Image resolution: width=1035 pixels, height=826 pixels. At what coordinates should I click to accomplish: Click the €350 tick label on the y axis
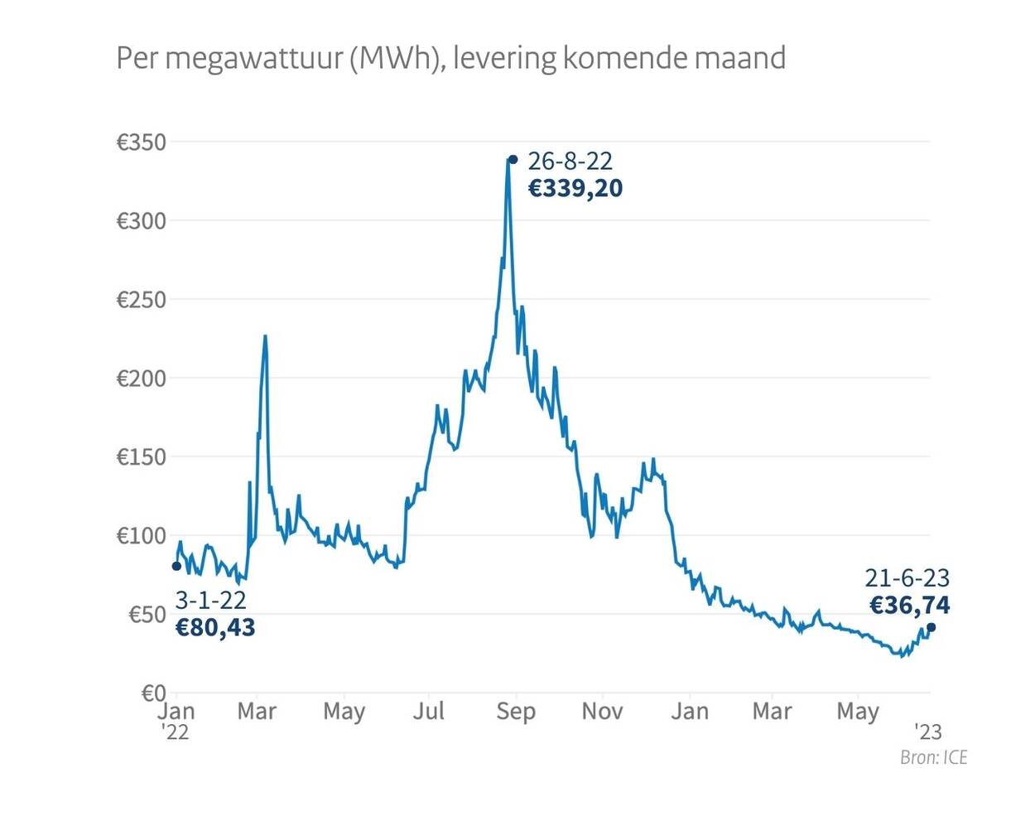pyautogui.click(x=141, y=142)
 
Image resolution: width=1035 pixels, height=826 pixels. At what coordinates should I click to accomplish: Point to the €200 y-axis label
pyautogui.click(x=141, y=379)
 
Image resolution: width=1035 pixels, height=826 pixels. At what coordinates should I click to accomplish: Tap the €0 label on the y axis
pyautogui.click(x=153, y=693)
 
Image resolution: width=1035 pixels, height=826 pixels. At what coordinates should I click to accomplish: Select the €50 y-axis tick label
pyautogui.click(x=147, y=615)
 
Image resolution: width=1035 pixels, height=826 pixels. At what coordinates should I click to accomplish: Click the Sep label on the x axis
pyautogui.click(x=516, y=712)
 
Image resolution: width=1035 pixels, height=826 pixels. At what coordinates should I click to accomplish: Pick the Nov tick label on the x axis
pyautogui.click(x=602, y=712)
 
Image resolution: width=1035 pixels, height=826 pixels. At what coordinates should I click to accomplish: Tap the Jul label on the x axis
pyautogui.click(x=429, y=712)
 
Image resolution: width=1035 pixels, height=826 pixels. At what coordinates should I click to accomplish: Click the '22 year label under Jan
pyautogui.click(x=175, y=732)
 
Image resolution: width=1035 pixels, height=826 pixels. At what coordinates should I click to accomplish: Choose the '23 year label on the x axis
pyautogui.click(x=928, y=732)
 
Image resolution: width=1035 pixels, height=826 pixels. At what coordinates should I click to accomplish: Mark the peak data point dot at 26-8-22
pyautogui.click(x=513, y=159)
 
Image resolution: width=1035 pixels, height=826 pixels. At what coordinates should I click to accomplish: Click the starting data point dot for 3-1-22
pyautogui.click(x=176, y=567)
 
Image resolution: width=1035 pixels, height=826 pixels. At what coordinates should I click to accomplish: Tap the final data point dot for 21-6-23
pyautogui.click(x=931, y=627)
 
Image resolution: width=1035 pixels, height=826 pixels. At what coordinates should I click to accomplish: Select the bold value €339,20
pyautogui.click(x=575, y=189)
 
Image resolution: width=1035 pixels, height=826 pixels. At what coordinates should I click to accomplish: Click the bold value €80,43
pyautogui.click(x=215, y=628)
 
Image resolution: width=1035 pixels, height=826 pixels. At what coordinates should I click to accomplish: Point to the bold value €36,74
pyautogui.click(x=909, y=606)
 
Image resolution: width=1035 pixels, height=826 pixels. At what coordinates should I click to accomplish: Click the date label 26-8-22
pyautogui.click(x=570, y=161)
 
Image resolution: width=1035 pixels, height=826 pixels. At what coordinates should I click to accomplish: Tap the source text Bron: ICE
pyautogui.click(x=933, y=757)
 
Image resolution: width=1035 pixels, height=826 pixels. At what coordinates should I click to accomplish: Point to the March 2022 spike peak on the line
pyautogui.click(x=265, y=336)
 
